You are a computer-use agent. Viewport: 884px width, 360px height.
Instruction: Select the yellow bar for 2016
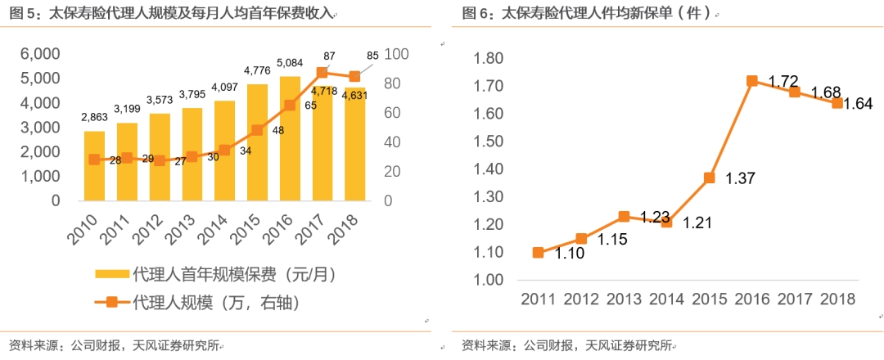[290, 139]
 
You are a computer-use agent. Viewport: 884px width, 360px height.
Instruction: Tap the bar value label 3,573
[160, 100]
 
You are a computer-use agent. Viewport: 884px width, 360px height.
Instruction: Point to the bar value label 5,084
[290, 62]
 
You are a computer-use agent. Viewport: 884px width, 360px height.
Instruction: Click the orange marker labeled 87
[322, 73]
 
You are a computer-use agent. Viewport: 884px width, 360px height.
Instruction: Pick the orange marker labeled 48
[257, 130]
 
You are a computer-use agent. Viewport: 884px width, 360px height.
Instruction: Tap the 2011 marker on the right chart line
[538, 253]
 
